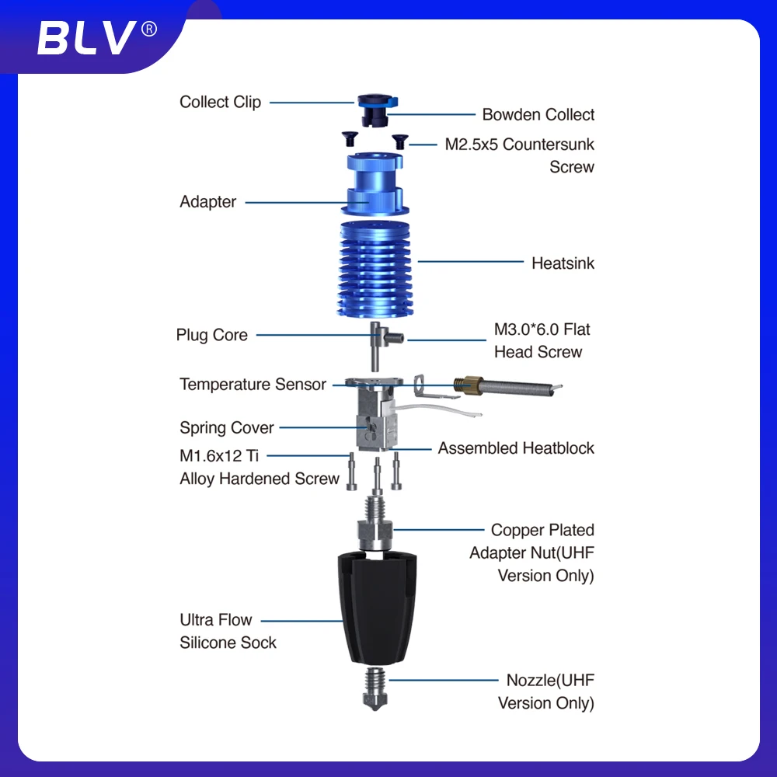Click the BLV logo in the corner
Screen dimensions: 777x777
point(97,37)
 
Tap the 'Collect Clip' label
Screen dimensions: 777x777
point(220,102)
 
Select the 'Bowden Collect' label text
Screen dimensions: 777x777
point(538,114)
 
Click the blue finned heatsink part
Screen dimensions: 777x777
point(375,269)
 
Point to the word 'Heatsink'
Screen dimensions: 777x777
point(563,263)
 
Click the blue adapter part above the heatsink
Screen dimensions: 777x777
point(375,183)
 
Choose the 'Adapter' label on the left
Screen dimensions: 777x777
point(207,202)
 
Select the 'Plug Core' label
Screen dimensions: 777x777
point(211,334)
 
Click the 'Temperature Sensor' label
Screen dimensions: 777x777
point(253,384)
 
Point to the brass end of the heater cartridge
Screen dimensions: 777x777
point(469,385)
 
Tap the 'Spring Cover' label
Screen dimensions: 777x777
point(226,427)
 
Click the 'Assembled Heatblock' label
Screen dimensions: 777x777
point(516,448)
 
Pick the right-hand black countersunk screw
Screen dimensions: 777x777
point(400,141)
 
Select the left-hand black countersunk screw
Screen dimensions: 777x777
point(350,138)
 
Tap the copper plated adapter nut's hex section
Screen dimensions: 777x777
point(375,532)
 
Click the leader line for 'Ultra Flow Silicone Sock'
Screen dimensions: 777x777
point(301,620)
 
